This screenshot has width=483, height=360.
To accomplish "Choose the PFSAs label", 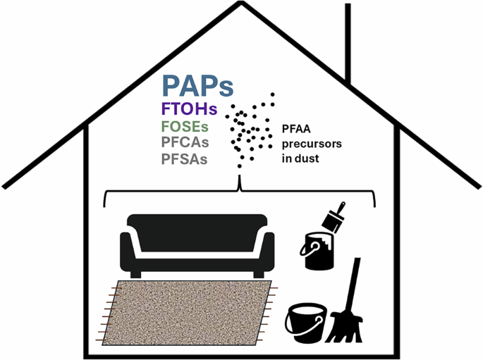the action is tap(185, 159).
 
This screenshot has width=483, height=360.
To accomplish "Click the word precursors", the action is tap(311, 143).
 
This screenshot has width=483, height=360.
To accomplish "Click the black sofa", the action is tap(197, 243).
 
